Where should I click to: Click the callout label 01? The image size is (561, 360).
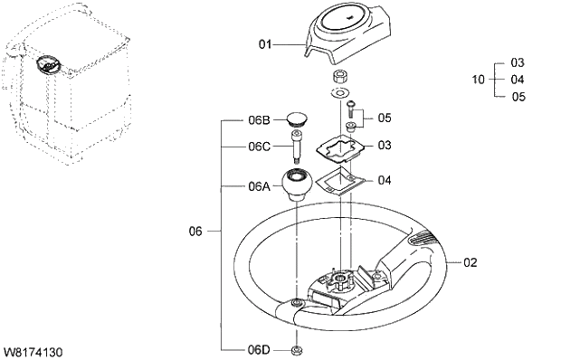tap(265, 43)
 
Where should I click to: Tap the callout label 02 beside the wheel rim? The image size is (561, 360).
tap(470, 262)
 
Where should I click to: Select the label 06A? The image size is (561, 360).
tap(259, 186)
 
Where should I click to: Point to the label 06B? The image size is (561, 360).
tap(259, 119)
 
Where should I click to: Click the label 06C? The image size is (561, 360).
tap(259, 147)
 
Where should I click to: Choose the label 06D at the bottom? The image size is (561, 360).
tap(259, 349)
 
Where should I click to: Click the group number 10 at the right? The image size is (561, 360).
tap(479, 80)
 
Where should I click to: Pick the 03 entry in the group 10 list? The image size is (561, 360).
tap(518, 63)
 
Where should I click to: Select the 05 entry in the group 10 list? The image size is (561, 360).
tap(518, 96)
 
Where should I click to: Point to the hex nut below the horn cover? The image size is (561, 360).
tap(341, 75)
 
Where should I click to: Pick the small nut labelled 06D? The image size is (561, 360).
tap(297, 349)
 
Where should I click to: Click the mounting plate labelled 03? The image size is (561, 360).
tap(339, 145)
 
